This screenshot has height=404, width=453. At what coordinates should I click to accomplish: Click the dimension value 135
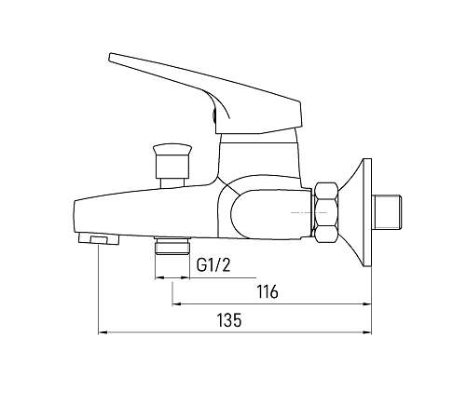coord(229,320)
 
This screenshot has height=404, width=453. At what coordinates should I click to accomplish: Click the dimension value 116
coord(268,292)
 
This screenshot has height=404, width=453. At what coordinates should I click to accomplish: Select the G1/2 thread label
coord(213,265)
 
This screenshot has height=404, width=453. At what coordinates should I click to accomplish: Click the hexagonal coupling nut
coord(326,212)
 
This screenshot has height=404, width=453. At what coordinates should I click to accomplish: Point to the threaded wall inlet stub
coord(388,212)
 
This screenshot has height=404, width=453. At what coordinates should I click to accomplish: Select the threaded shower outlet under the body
coord(172,246)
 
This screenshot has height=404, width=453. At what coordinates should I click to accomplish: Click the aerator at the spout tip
coord(99,238)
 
